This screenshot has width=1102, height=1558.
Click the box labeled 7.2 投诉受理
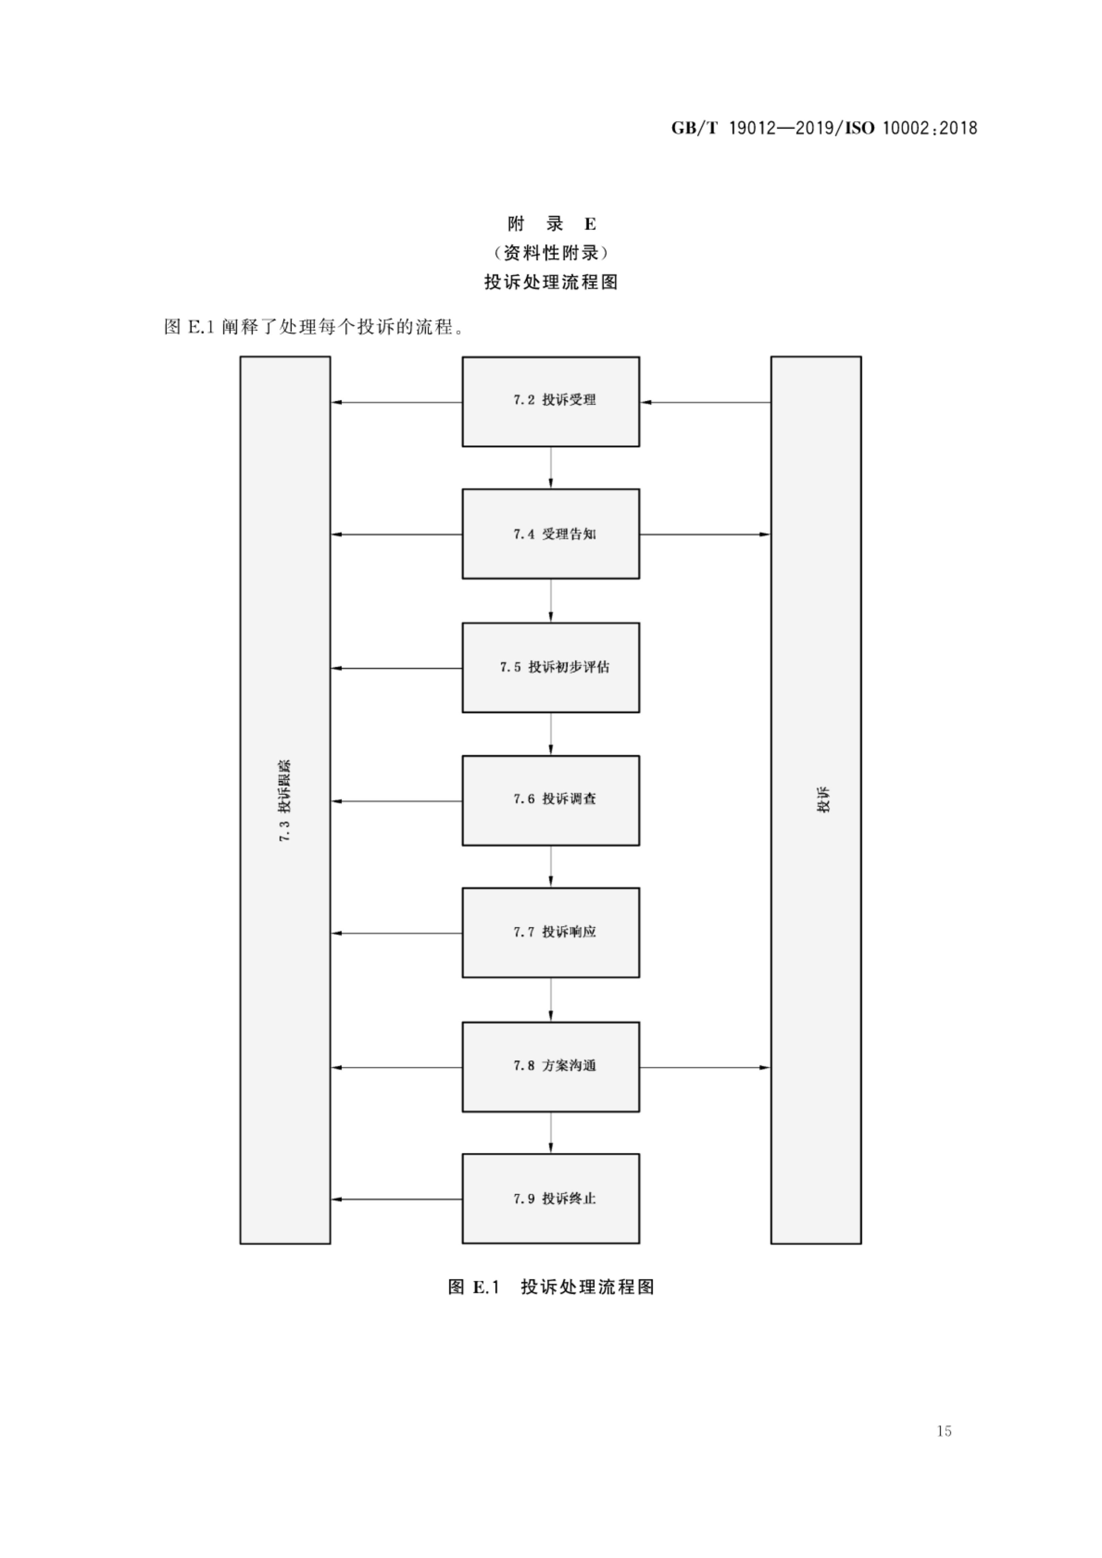tap(550, 401)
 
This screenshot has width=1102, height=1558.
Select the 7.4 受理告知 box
tap(550, 534)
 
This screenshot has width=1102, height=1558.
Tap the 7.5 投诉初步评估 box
tap(550, 667)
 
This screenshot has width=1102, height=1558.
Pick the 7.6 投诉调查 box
tap(550, 800)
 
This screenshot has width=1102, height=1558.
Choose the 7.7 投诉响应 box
tap(550, 933)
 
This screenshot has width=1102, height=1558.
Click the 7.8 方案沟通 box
tap(550, 1066)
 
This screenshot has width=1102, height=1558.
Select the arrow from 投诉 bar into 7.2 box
tap(706, 403)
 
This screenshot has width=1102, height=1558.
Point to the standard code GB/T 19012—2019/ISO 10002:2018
tap(824, 128)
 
